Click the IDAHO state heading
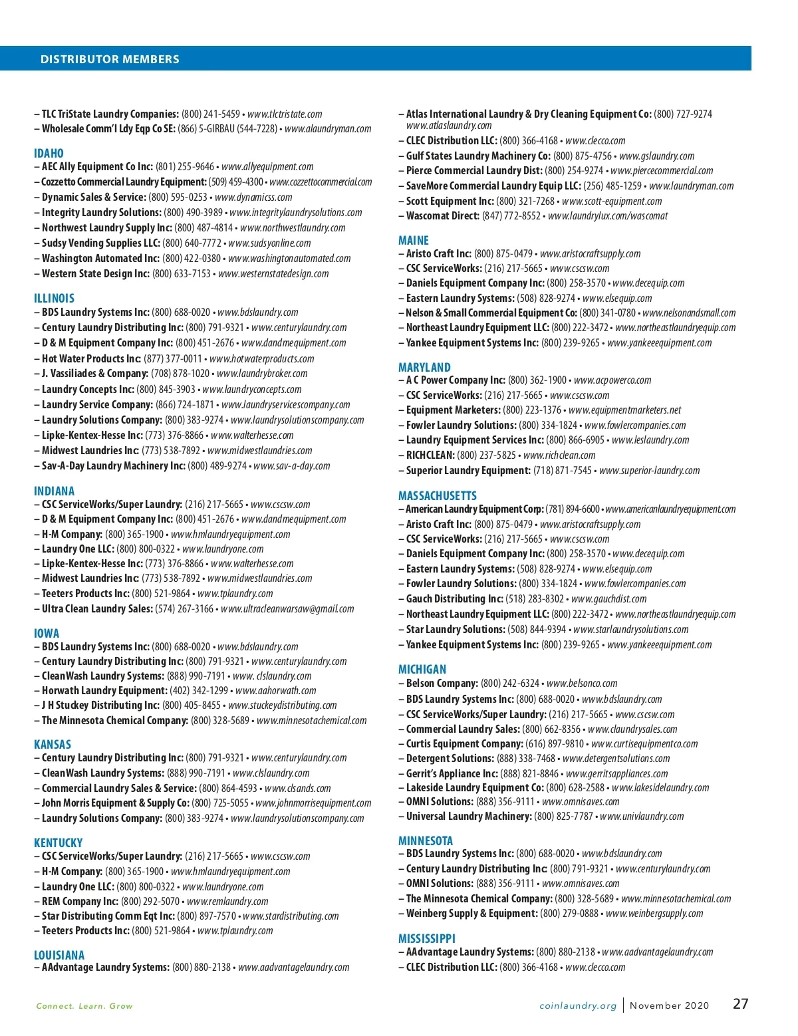pos(49,154)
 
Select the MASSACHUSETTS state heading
pos(437,496)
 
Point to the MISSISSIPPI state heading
pos(427,939)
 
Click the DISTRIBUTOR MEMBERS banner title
pos(110,59)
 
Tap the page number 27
pos(741,1004)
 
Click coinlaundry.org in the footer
pos(578,1006)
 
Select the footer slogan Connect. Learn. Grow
pos(84,1006)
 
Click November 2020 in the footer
pos(670,1006)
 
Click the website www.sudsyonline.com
pos(269,243)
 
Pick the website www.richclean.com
pos(559,455)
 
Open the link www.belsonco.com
pos(582,684)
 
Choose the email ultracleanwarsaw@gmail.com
pos(287,609)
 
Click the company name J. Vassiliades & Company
pos(95,374)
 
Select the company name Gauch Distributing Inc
pos(455,599)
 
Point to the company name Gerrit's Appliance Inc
pos(452,774)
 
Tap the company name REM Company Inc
pos(80,902)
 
